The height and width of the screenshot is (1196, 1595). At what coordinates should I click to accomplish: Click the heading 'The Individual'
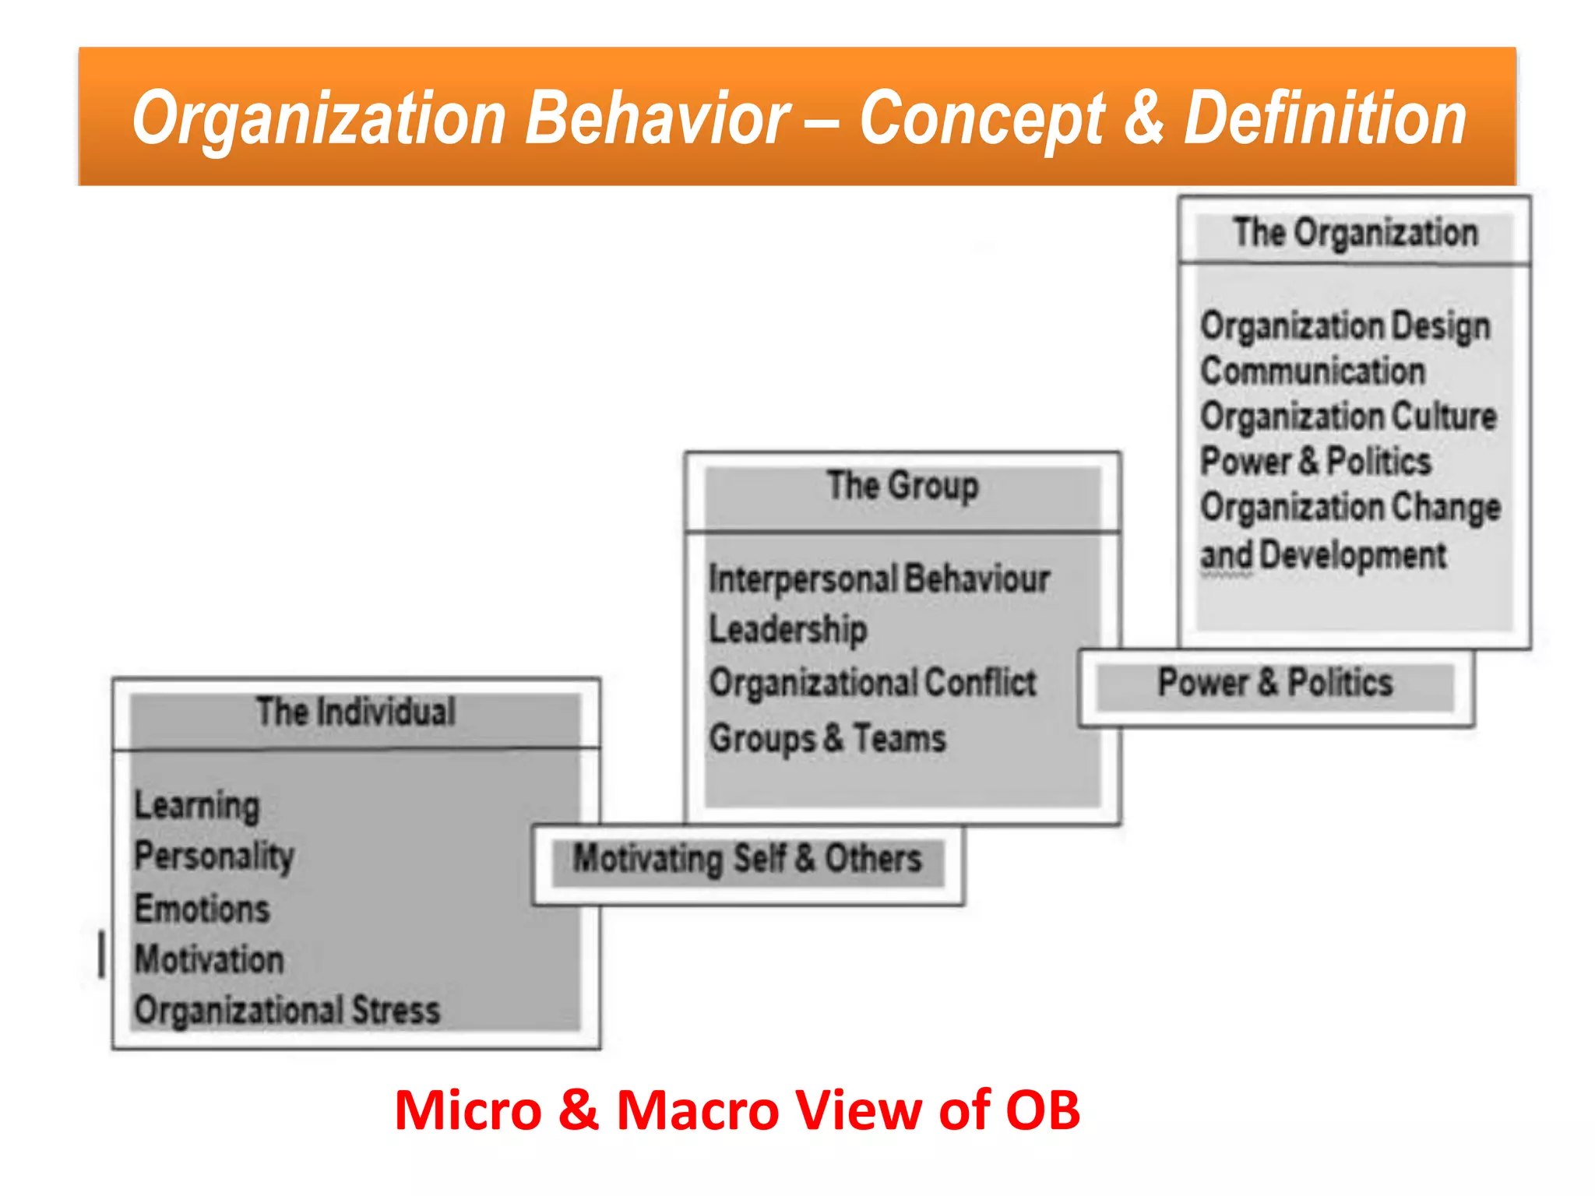[x=356, y=712]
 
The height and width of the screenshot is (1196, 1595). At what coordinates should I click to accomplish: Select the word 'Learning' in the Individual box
[x=197, y=805]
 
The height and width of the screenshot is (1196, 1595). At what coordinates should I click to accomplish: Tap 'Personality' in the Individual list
[x=214, y=857]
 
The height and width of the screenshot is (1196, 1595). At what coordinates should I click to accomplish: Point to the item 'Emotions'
[x=202, y=909]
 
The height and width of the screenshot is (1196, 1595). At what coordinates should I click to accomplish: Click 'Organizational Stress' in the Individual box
[x=287, y=1010]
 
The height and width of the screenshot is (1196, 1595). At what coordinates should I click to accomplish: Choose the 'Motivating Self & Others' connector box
[x=748, y=860]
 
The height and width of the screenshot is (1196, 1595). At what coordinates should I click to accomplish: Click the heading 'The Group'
[x=903, y=486]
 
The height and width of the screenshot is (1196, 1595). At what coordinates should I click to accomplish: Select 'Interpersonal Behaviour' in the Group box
[x=879, y=579]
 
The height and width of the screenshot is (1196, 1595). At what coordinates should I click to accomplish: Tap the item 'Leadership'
[x=787, y=629]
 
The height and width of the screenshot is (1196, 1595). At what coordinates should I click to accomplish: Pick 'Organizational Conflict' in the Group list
[x=872, y=683]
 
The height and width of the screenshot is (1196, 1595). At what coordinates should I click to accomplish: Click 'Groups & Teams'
[x=827, y=738]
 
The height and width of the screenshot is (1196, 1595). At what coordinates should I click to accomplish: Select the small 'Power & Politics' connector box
[x=1275, y=683]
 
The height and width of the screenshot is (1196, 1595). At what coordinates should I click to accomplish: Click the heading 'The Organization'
[x=1355, y=233]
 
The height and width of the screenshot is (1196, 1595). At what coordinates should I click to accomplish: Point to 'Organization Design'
[x=1345, y=325]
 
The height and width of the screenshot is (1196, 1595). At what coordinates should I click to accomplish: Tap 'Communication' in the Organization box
[x=1313, y=371]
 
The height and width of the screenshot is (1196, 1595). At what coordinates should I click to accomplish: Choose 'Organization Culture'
[x=1348, y=416]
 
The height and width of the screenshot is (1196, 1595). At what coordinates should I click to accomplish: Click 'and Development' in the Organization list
[x=1323, y=555]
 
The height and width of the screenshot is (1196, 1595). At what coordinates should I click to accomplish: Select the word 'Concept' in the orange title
[x=981, y=118]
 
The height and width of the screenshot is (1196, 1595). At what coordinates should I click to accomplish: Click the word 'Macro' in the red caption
[x=698, y=1110]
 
